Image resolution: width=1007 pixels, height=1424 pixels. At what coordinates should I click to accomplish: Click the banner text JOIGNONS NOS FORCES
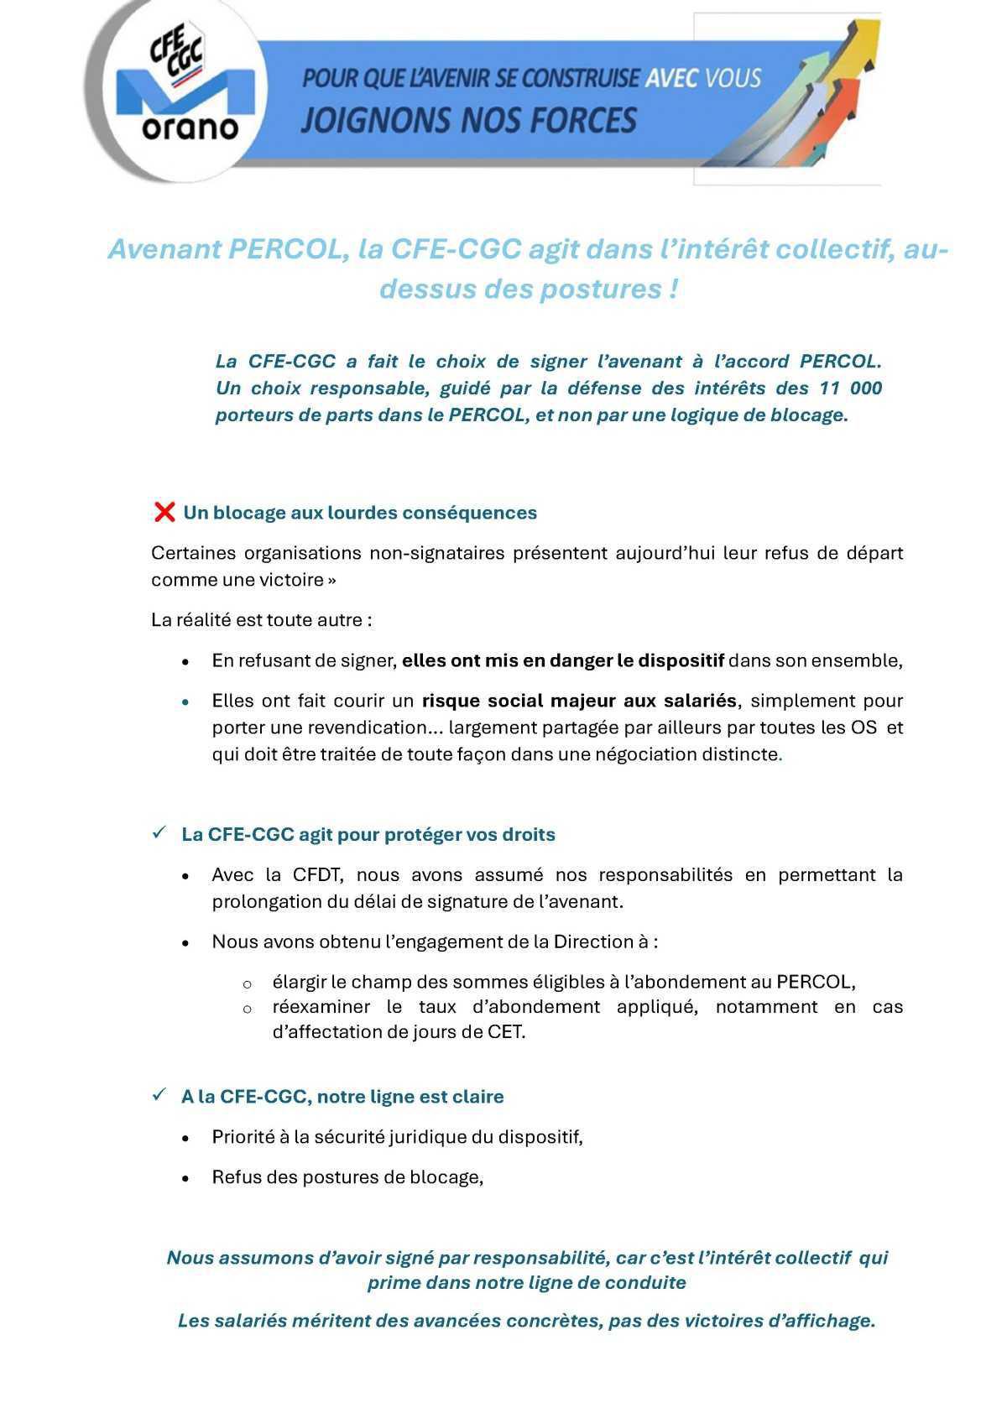468,120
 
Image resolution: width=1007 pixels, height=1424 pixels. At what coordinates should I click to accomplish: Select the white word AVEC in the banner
670,79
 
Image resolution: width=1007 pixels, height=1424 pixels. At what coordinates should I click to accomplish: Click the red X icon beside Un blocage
164,512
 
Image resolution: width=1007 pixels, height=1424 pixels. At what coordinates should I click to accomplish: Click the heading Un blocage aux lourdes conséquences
360,513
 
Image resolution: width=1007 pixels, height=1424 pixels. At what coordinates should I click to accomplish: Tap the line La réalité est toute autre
261,620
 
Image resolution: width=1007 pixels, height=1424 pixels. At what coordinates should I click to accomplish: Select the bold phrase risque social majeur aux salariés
579,701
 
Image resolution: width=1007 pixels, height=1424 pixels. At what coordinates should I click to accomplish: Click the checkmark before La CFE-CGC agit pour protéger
159,833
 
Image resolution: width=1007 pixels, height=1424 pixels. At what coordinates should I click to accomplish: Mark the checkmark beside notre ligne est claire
159,1095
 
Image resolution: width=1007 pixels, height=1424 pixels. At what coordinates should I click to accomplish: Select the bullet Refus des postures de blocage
347,1177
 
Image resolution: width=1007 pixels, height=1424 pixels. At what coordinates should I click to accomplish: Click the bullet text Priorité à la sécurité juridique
397,1137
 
